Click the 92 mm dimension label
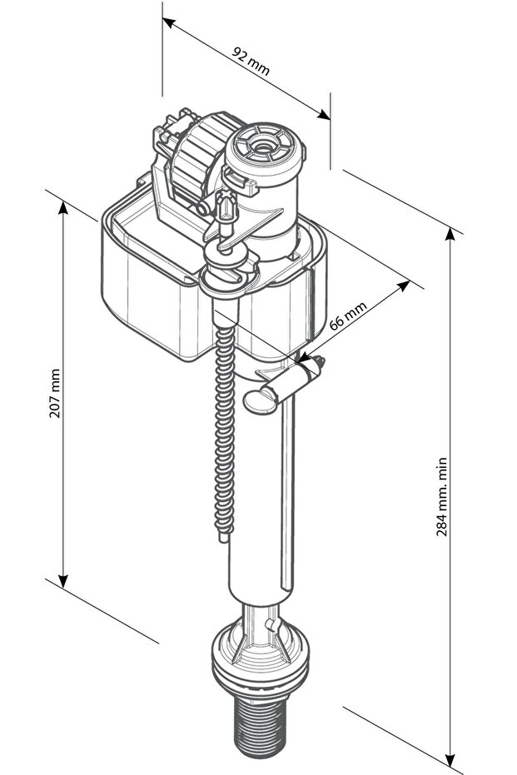pos(251,62)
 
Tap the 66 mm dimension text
pos(348,315)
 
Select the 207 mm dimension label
pos(55,393)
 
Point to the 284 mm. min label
pos(442,497)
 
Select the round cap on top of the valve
pos(266,148)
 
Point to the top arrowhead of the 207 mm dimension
pos(62,207)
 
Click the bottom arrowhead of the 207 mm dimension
pos(62,581)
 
